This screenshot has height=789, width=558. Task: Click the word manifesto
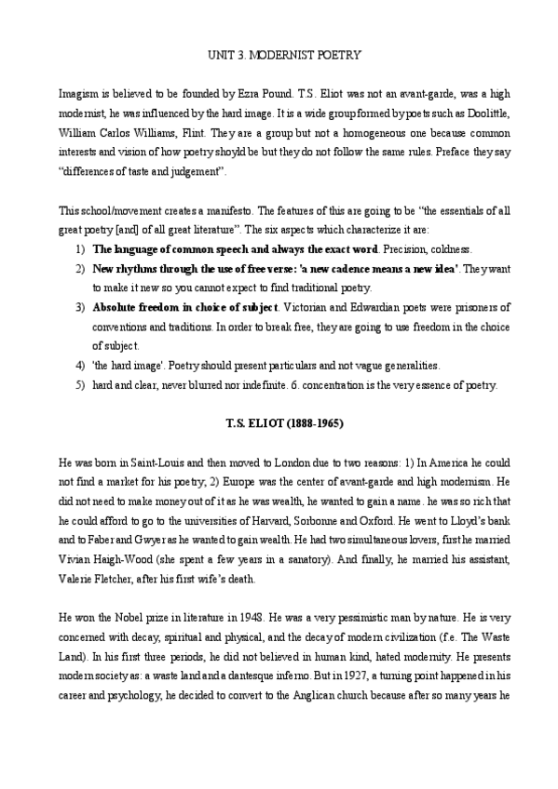(x=205, y=213)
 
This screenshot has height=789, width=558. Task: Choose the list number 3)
(x=79, y=308)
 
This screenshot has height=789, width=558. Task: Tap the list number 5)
(x=79, y=383)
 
